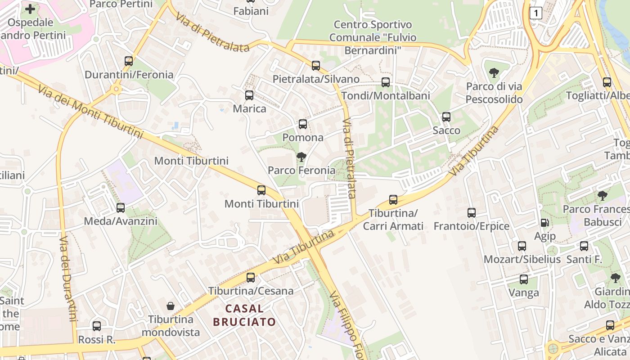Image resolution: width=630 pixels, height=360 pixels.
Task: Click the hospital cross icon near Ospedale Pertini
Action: pos(30,9)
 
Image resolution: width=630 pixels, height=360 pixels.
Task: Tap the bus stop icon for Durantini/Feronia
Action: pos(129,61)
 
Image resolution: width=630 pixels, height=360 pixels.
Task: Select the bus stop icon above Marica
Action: pos(249,95)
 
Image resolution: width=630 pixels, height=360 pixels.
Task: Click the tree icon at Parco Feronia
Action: pos(301,157)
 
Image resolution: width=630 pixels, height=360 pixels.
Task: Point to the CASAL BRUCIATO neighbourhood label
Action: pos(244,315)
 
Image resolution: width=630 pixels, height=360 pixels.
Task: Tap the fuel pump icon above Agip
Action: pos(544,223)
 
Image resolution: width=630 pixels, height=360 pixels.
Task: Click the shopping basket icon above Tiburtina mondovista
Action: pos(171,306)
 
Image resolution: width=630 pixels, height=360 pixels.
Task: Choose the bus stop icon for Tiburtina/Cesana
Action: pos(251,278)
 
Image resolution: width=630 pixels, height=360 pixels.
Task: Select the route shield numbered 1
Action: pos(535,13)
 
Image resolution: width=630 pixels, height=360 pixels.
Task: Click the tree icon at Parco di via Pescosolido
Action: pos(494,72)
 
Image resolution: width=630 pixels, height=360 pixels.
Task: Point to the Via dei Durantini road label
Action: pos(68,279)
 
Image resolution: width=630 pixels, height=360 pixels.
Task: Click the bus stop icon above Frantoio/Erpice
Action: pos(472,213)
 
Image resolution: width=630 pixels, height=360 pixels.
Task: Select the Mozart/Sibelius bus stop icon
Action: pos(522,246)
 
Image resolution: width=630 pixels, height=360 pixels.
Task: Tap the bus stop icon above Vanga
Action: pos(524,279)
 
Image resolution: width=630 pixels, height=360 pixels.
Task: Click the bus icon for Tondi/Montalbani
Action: pos(386,82)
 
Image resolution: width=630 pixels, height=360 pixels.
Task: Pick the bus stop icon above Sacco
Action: pos(446,117)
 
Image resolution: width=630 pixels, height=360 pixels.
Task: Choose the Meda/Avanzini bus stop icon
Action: pos(121,208)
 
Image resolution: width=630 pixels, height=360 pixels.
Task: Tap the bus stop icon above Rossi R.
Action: pos(97,326)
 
